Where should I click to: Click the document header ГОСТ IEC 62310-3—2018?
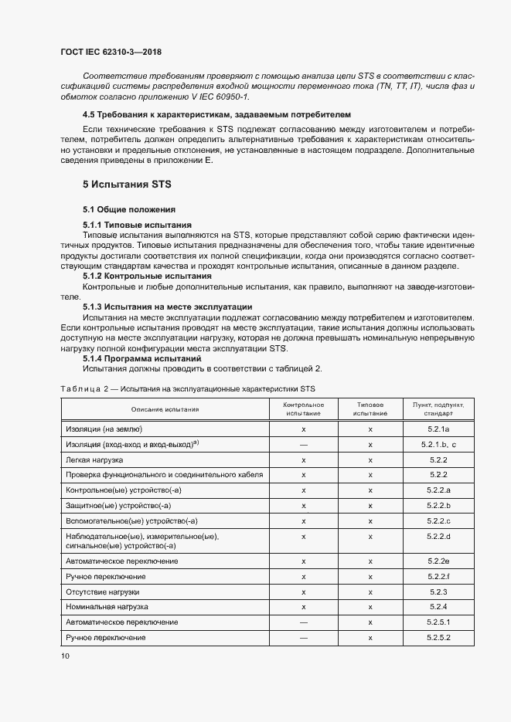pyautogui.click(x=111, y=53)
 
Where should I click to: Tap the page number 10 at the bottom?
pyautogui.click(x=65, y=656)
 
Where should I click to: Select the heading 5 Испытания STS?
pyautogui.click(x=127, y=185)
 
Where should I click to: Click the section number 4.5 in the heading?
pyautogui.click(x=91, y=113)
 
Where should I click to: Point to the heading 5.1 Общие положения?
pyautogui.click(x=129, y=210)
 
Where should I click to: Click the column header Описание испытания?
pyautogui.click(x=165, y=409)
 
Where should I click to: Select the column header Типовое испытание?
pyautogui.click(x=370, y=409)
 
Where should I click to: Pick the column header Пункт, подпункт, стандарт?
pyautogui.click(x=438, y=409)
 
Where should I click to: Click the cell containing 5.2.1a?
pyautogui.click(x=438, y=429)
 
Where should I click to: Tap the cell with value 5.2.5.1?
pyautogui.click(x=438, y=622)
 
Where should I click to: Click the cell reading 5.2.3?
pyautogui.click(x=438, y=591)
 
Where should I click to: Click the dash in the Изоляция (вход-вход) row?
pyautogui.click(x=304, y=445)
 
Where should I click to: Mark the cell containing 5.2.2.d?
pyautogui.click(x=438, y=536)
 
